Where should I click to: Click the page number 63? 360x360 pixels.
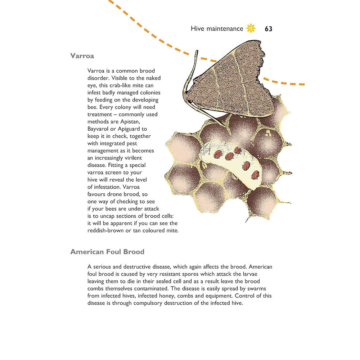point(268,29)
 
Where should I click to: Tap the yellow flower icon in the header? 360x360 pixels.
point(251,28)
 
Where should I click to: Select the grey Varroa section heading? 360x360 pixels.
point(82,56)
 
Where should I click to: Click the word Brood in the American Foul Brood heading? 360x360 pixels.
point(132,252)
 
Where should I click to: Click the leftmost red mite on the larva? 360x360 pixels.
point(217,154)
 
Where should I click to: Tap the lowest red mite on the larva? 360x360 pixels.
point(255,175)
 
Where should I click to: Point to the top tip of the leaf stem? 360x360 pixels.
point(197,51)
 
